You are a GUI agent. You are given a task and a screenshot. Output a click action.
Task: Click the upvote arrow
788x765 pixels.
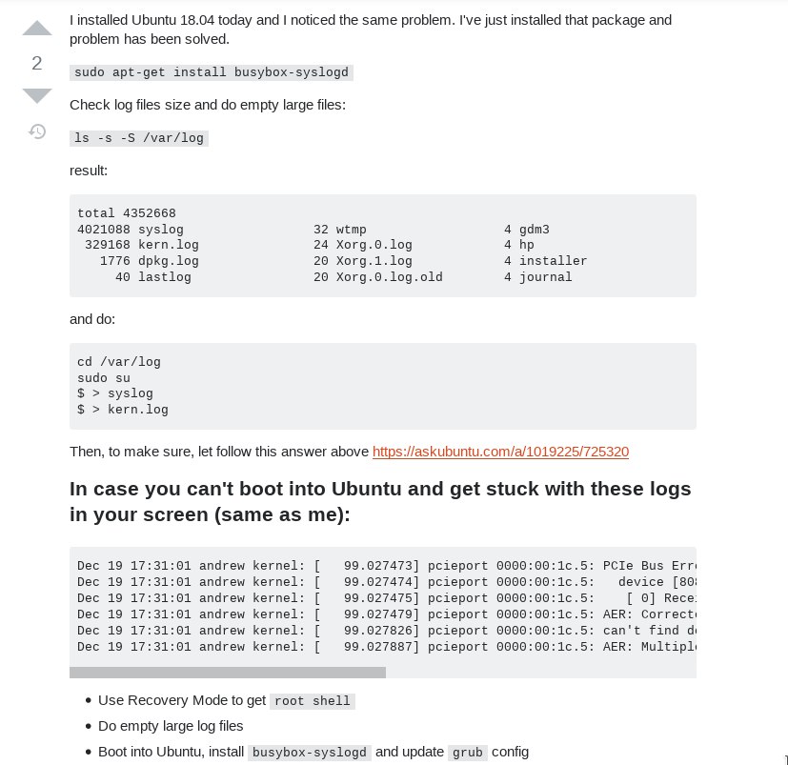point(37,29)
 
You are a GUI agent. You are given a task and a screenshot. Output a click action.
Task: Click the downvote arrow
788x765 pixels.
point(37,95)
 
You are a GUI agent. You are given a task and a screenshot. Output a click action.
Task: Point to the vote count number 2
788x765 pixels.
point(37,63)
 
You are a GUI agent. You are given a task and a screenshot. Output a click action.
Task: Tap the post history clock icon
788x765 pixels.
point(37,131)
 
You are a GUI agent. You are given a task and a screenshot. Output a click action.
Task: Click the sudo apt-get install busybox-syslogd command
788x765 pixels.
point(212,72)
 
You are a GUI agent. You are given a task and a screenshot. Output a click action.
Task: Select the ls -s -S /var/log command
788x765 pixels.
point(139,138)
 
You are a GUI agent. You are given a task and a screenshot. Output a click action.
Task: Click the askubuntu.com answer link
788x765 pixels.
point(500,452)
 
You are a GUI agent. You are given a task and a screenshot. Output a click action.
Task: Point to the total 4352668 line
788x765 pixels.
point(127,213)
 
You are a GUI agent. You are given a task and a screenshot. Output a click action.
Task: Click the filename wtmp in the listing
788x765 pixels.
point(351,230)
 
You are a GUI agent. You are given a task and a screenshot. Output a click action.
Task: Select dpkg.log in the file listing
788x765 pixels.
point(169,261)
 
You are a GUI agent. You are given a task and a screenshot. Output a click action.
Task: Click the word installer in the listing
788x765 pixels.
point(553,261)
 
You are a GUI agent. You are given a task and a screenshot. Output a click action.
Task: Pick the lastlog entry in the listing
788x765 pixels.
point(165,277)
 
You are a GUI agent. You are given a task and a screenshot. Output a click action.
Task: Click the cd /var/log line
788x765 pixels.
point(119,362)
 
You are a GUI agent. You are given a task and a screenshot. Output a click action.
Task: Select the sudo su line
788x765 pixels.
point(104,377)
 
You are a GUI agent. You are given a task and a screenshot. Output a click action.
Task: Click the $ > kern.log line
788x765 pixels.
point(123,410)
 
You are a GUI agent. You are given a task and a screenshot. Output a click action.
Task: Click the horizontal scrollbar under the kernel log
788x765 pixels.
point(228,673)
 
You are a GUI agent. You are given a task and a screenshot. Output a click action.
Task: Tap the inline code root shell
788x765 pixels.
point(313,701)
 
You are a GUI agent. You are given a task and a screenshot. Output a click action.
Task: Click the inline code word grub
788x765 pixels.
point(468,753)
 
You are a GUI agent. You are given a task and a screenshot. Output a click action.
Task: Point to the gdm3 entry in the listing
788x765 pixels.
point(534,230)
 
